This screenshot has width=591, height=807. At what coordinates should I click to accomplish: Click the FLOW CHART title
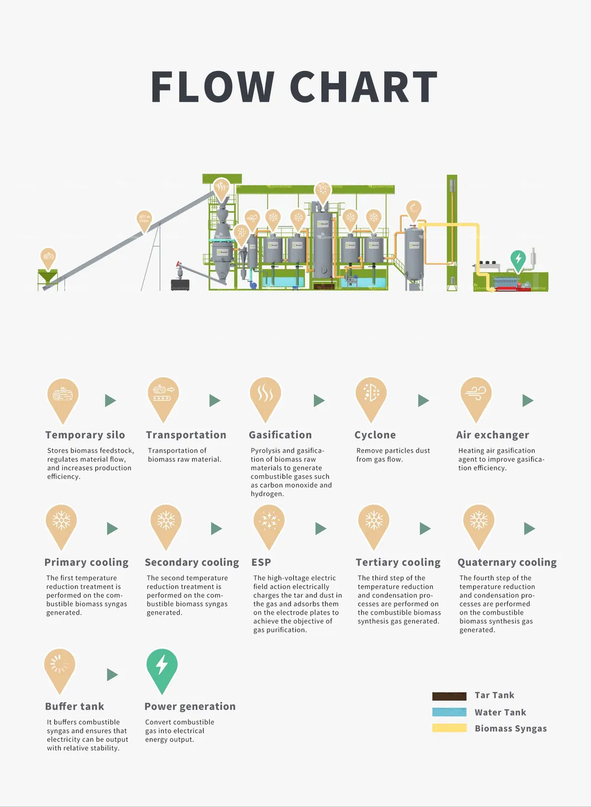pos(294,86)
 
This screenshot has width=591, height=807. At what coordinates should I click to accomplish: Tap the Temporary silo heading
pos(85,435)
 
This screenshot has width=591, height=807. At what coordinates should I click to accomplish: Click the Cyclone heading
pos(375,435)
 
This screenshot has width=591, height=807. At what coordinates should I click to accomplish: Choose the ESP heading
pos(261,562)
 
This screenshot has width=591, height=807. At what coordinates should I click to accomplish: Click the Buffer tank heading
pos(75,706)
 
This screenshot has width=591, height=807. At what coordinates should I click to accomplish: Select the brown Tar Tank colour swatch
pos(449,696)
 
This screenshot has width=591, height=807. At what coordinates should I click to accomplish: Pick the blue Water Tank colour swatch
pos(449,712)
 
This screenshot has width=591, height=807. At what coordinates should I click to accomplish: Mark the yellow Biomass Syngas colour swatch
pos(449,728)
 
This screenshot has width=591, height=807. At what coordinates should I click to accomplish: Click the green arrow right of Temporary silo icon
pos(110,400)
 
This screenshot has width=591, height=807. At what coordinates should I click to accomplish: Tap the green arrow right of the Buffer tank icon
pos(113,674)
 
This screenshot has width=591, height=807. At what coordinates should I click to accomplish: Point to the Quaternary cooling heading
pos(507,562)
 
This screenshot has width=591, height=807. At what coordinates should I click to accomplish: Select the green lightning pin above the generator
pos(518,261)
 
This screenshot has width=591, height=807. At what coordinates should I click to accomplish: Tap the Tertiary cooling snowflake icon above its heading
pos(374,527)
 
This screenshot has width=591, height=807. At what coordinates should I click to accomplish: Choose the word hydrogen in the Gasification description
pos(267,494)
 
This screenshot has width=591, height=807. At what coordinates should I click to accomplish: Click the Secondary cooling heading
pos(192,562)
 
